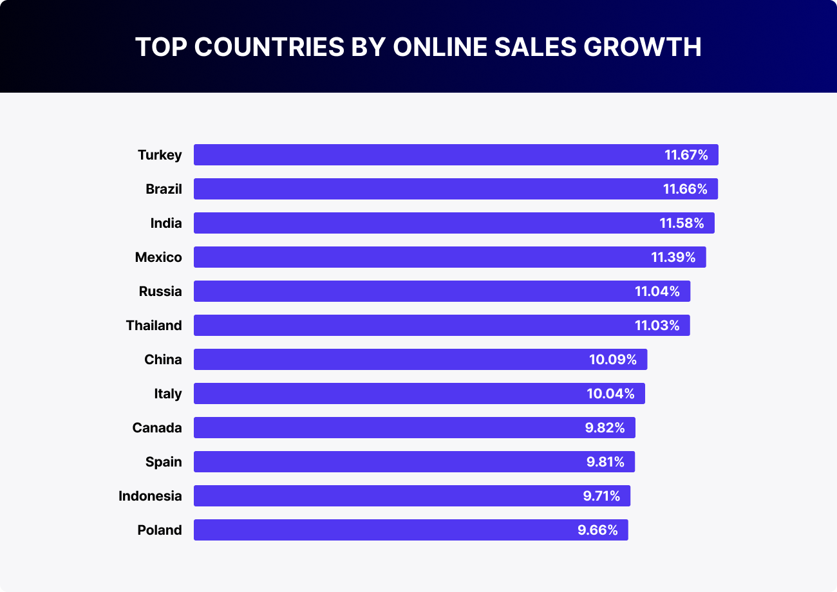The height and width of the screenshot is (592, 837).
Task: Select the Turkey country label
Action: click(x=160, y=155)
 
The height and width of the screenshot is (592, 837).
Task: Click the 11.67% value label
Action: click(x=686, y=155)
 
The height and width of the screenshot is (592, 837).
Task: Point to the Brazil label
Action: click(x=164, y=189)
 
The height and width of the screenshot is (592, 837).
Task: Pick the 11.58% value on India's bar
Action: click(x=682, y=223)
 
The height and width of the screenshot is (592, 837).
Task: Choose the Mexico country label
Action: click(x=158, y=257)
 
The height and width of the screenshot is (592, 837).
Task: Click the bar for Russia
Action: click(x=412, y=291)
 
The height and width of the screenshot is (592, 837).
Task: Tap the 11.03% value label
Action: click(x=657, y=326)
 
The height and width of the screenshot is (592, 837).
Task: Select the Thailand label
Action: click(x=154, y=326)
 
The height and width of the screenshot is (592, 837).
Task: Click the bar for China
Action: click(x=386, y=360)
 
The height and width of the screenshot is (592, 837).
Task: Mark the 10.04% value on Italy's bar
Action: click(x=610, y=394)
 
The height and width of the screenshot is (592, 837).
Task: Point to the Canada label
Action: click(x=157, y=428)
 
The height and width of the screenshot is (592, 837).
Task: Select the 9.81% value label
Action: click(x=605, y=462)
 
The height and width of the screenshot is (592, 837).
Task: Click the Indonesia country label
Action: click(x=150, y=496)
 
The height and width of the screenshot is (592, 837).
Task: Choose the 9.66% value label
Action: click(x=597, y=530)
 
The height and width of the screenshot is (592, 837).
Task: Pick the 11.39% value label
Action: click(x=673, y=257)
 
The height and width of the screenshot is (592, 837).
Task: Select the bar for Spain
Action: click(x=386, y=462)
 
